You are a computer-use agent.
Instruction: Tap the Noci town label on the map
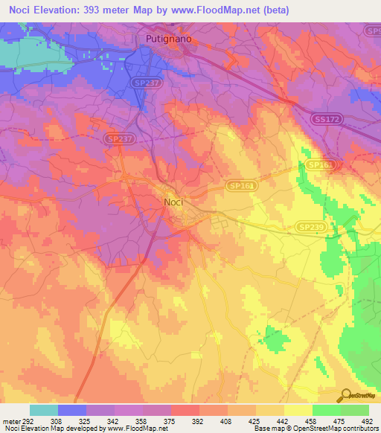(x=173, y=201)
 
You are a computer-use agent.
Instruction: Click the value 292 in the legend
(x=24, y=420)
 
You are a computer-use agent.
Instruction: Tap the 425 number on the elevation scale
(x=254, y=420)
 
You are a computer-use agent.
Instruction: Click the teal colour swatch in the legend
(x=44, y=410)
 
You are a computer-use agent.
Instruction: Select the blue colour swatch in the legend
(x=72, y=410)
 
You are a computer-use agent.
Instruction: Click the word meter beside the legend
(x=8, y=420)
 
